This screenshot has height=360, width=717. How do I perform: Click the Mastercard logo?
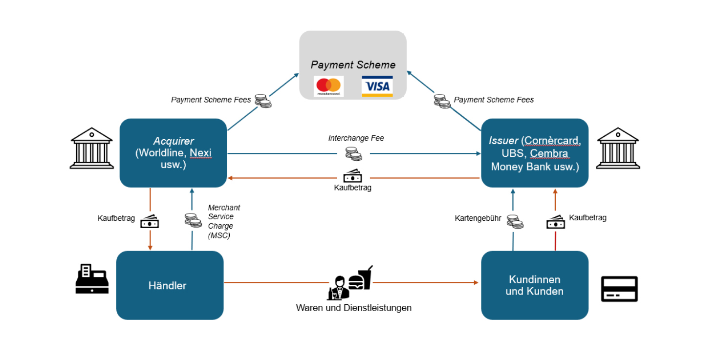[328, 86]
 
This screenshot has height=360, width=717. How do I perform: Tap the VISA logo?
[377, 86]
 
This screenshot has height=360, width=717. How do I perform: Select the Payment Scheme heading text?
[353, 65]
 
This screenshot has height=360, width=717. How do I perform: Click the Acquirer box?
[173, 153]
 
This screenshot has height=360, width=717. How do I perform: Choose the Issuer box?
[535, 153]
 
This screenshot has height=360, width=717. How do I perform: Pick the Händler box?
[170, 285]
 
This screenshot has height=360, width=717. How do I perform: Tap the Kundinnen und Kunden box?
[535, 285]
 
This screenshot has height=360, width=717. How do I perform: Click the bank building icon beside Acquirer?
[91, 148]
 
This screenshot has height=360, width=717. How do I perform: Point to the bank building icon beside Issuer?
[618, 148]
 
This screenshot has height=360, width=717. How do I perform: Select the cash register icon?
[91, 279]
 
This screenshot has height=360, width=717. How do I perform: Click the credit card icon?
[619, 289]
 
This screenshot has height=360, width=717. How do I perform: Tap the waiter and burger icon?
[349, 283]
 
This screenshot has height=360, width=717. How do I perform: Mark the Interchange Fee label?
[356, 138]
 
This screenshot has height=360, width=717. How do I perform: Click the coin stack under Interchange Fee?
[353, 153]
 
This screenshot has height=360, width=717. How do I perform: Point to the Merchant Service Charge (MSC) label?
[223, 221]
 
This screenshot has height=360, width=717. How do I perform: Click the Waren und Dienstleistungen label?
[353, 308]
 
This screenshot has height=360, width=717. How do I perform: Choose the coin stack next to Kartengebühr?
[515, 221]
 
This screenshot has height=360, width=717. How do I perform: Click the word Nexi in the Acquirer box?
[200, 153]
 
